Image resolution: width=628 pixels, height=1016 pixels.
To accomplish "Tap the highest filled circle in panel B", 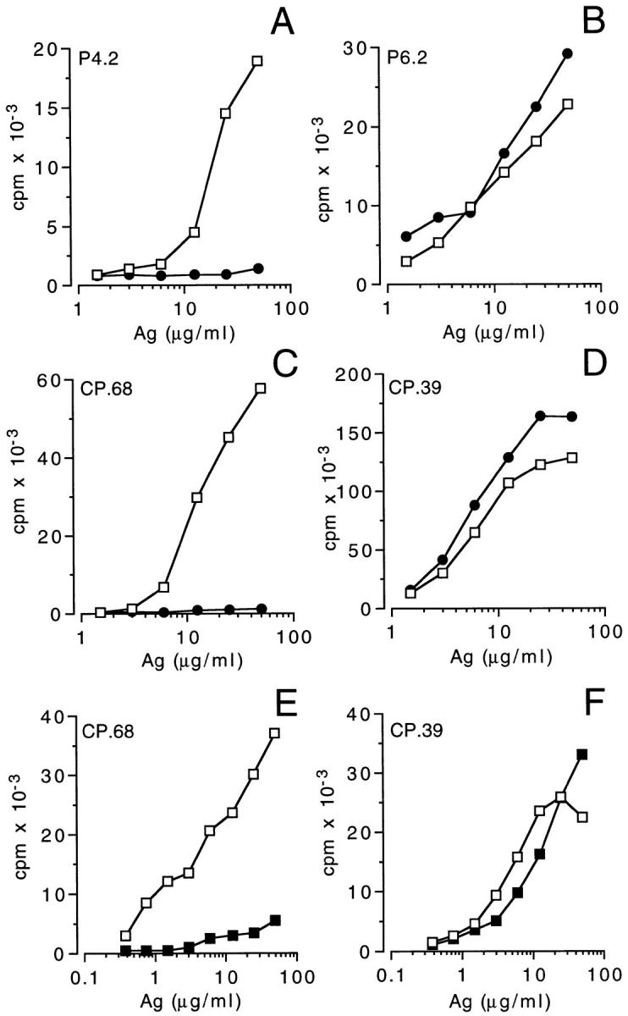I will click(x=567, y=53).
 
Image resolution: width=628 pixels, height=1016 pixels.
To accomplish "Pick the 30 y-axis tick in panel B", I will click(x=367, y=49).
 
